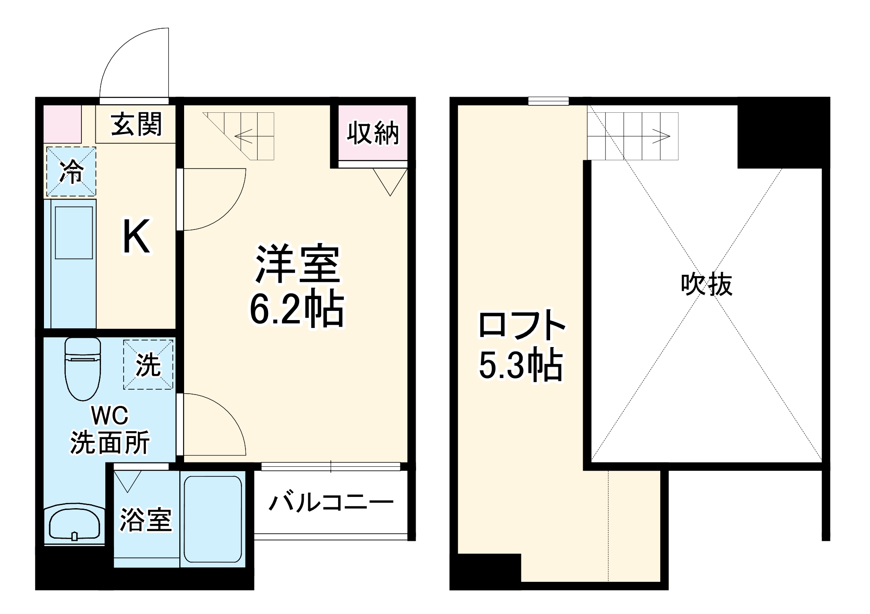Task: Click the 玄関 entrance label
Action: (x=136, y=124)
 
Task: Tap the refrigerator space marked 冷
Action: (x=71, y=171)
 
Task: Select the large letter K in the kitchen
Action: (x=136, y=237)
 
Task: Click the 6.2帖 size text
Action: (x=296, y=310)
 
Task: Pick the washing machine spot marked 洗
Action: (x=148, y=364)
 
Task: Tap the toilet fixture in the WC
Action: (x=83, y=368)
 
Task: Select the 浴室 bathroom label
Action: (x=146, y=519)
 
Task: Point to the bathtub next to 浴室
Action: (x=212, y=519)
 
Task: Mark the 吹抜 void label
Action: (x=706, y=284)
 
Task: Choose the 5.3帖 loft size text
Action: (x=521, y=365)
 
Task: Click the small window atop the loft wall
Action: (x=548, y=101)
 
